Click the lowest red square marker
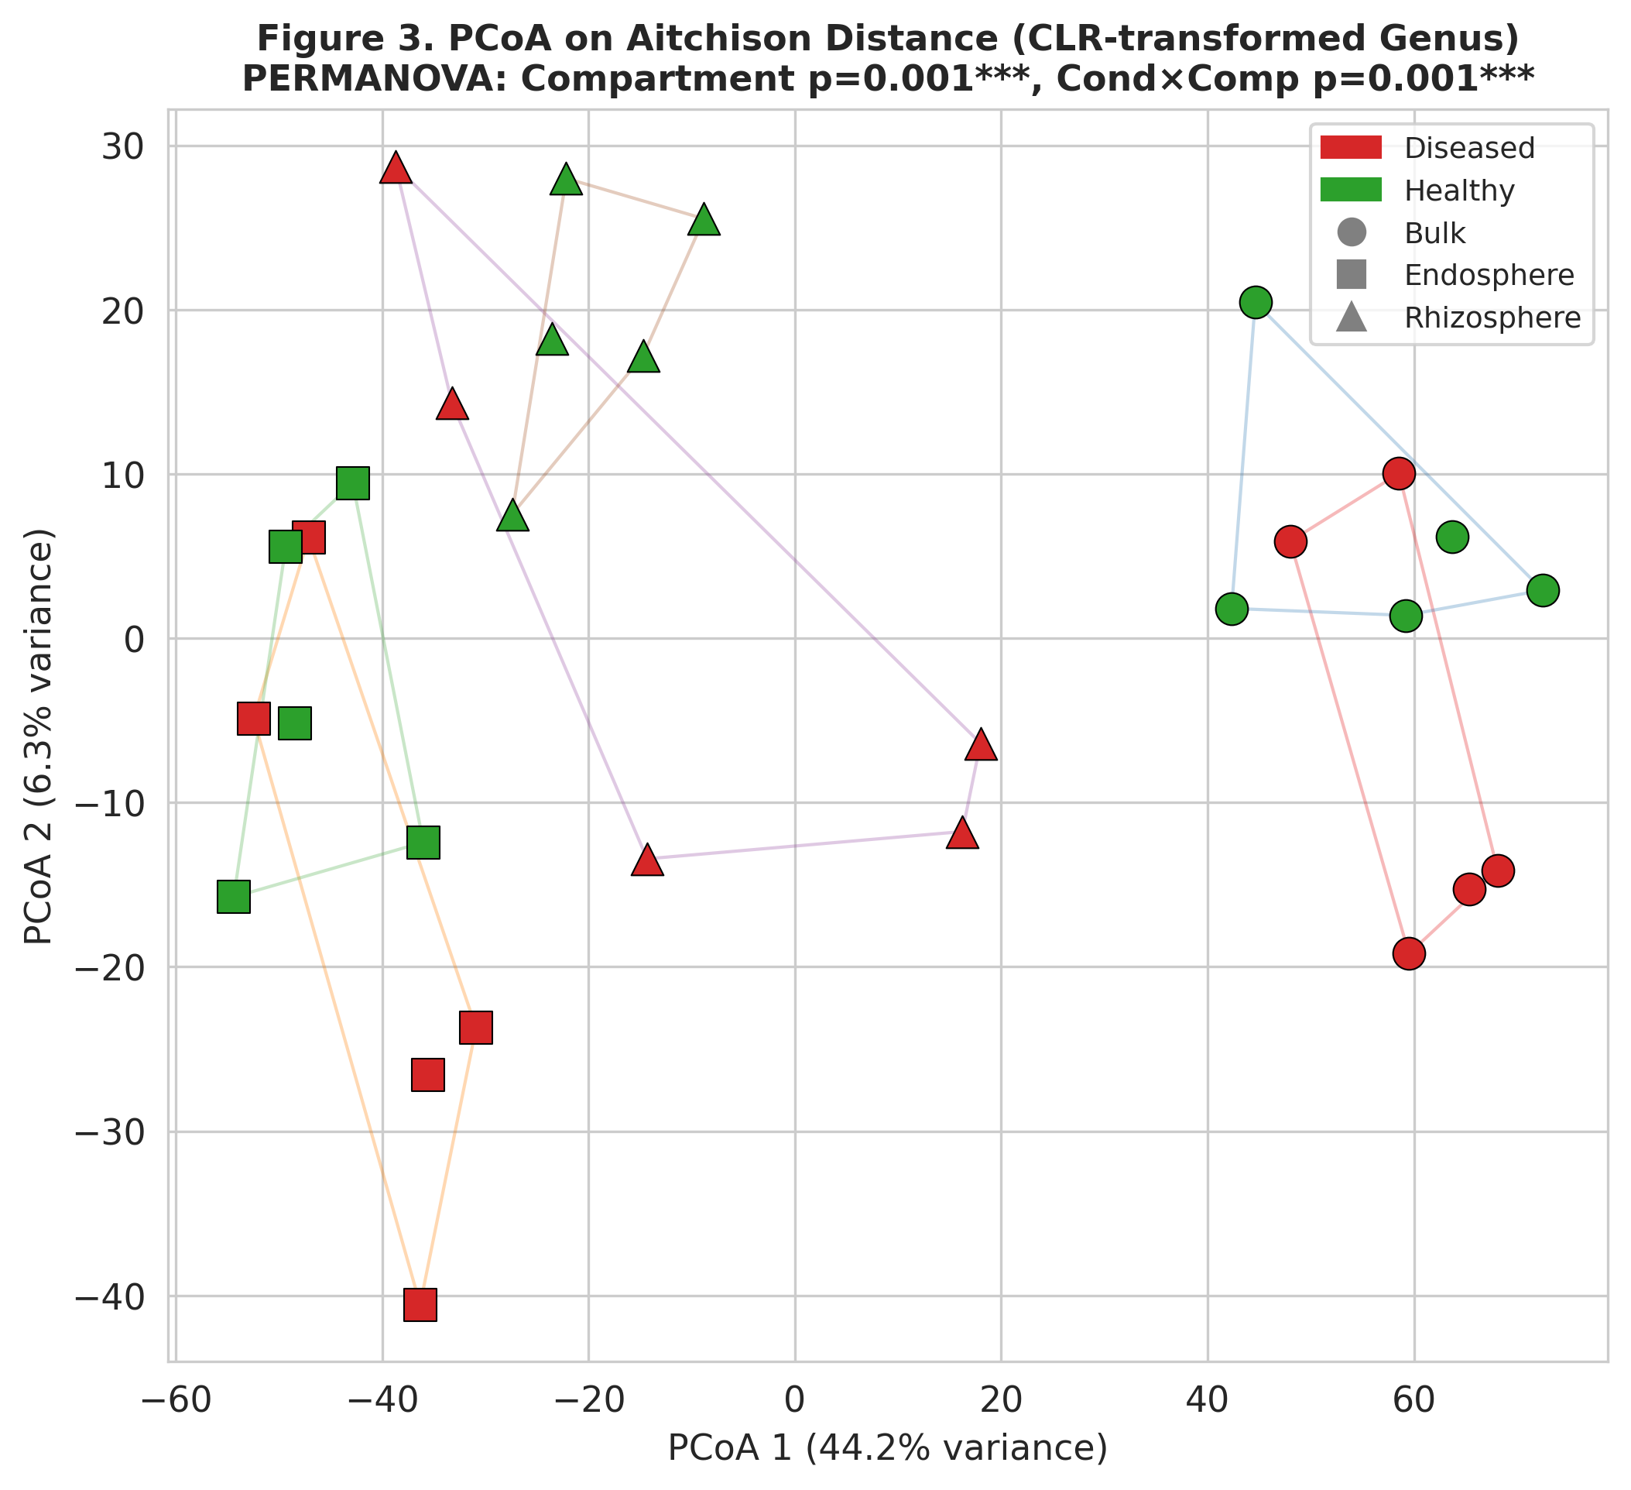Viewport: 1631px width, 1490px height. (x=420, y=1305)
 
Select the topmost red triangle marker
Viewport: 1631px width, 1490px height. (x=396, y=167)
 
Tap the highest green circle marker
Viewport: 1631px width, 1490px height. (x=1256, y=303)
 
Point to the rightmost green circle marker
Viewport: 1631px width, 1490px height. (x=1543, y=590)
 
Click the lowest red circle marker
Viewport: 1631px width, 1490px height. (x=1409, y=954)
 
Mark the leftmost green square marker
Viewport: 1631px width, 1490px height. (x=234, y=897)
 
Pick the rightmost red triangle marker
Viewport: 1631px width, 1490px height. (x=982, y=744)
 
